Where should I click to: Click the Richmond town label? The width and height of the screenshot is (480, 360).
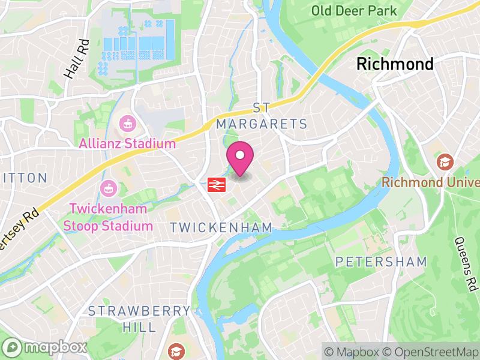tap(395, 64)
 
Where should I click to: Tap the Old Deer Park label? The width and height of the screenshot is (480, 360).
tap(354, 11)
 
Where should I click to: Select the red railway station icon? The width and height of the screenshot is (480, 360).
tap(215, 185)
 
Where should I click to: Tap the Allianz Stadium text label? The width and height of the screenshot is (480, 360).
tap(127, 143)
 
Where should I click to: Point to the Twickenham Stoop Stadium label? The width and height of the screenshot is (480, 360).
tap(110, 217)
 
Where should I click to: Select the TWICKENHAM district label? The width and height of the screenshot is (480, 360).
tap(221, 227)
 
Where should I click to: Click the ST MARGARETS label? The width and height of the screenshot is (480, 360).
tap(262, 116)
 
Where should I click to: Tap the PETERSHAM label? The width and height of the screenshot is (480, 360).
tap(381, 262)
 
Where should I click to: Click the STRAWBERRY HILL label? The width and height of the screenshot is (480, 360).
tap(139, 319)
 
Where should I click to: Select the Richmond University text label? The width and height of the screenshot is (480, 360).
tap(430, 182)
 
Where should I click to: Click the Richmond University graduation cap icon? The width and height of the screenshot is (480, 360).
tap(445, 161)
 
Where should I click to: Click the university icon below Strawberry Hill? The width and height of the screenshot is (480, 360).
tap(176, 350)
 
